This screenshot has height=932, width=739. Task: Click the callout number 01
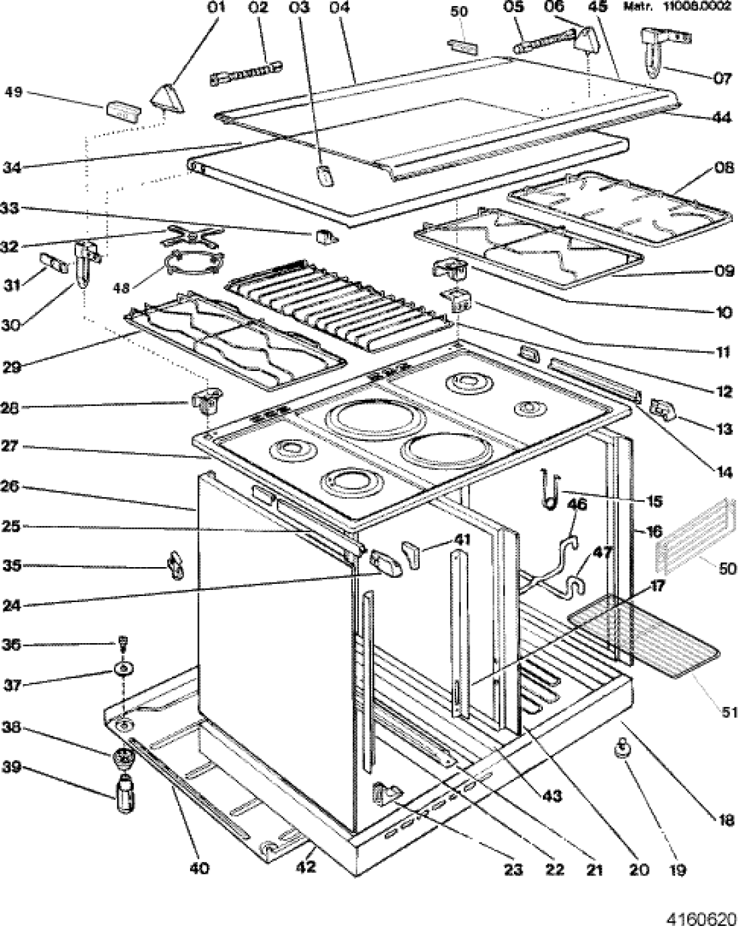coord(216,8)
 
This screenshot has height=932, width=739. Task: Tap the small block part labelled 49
coord(123,111)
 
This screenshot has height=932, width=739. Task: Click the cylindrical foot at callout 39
coord(125,795)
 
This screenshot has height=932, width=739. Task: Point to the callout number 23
coord(513,870)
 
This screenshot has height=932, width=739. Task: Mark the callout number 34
coord(13,167)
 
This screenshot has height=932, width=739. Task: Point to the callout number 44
coord(722,118)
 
